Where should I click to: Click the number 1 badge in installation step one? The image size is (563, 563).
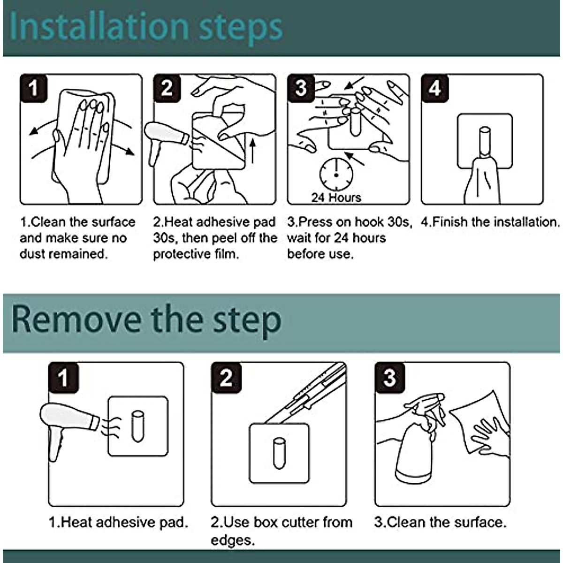tap(34, 88)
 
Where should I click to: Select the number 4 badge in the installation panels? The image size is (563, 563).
tap(435, 88)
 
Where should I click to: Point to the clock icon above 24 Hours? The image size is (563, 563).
tap(336, 175)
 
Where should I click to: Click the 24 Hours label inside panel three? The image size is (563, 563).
tap(336, 198)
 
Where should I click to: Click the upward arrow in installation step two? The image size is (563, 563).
tap(253, 151)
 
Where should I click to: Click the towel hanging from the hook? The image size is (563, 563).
tap(481, 181)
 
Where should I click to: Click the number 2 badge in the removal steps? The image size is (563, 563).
tap(226, 378)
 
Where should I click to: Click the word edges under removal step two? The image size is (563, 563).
tap(233, 540)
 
